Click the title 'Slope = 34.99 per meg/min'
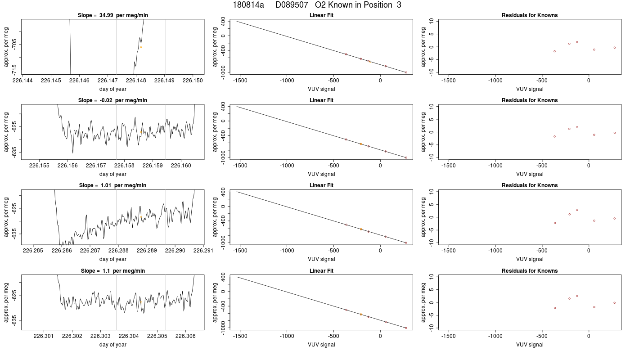[113, 15]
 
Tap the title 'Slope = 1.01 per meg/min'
[113, 185]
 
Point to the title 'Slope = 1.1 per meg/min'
[113, 271]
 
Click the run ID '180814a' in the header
[248, 5]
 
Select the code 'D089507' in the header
[292, 5]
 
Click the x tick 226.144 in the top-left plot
[23, 81]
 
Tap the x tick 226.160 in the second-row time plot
[181, 166]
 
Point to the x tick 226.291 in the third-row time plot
[203, 251]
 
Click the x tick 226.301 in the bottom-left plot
[44, 336]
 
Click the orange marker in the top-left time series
[141, 47]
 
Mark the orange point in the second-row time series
[141, 132]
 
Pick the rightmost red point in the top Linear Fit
[406, 72]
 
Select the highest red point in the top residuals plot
[577, 42]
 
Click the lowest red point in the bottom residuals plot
[554, 308]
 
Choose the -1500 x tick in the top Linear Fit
[240, 81]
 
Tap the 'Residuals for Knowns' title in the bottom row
[530, 271]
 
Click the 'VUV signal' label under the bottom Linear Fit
[321, 345]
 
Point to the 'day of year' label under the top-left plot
[113, 89]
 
